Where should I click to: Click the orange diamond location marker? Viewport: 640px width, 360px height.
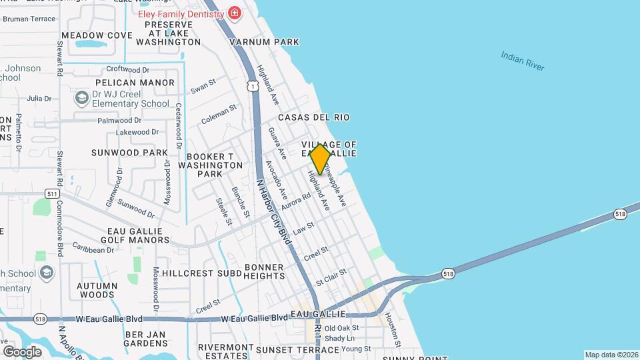click(x=320, y=159)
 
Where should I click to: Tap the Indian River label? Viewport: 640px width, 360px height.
click(x=523, y=61)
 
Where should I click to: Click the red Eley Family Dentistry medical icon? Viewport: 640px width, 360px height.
click(x=234, y=13)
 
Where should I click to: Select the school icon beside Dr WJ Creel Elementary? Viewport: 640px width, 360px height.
click(x=82, y=99)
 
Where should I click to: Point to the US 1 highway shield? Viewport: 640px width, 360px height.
click(x=252, y=85)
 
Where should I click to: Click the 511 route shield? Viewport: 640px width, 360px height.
click(x=53, y=193)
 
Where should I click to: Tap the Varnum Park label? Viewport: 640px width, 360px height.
click(x=264, y=42)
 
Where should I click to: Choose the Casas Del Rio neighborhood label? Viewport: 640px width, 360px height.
click(x=313, y=117)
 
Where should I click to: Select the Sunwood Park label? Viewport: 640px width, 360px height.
click(x=129, y=153)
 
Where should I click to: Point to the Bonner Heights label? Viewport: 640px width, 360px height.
click(x=264, y=271)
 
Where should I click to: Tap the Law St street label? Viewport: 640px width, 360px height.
click(x=303, y=229)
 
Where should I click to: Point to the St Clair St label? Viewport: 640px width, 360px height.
click(x=331, y=275)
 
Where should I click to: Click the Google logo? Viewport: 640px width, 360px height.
click(x=22, y=351)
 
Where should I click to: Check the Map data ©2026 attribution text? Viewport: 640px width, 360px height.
click(x=611, y=355)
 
